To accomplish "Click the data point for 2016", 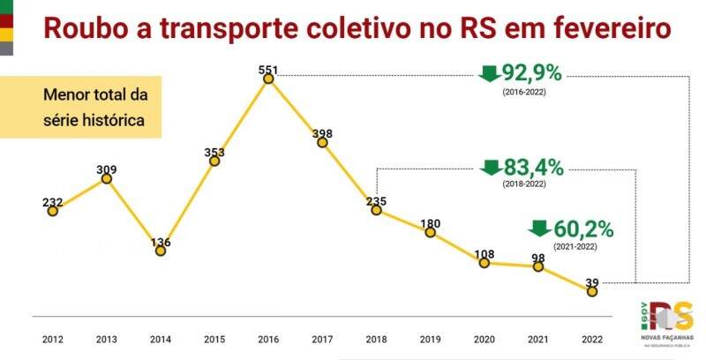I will [x=268, y=79].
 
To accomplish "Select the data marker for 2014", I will [x=161, y=251].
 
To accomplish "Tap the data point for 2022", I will [x=592, y=290].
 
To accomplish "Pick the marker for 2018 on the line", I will [x=376, y=210].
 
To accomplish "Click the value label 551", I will [x=268, y=68].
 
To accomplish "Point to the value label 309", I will [x=107, y=169].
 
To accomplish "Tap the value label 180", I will [x=431, y=222].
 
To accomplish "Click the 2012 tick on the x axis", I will [x=53, y=339].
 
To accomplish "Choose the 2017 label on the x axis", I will [x=322, y=339].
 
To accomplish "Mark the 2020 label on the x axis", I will [x=484, y=339].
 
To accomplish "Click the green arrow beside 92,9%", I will [x=488, y=73].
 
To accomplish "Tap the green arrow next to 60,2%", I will [x=538, y=229].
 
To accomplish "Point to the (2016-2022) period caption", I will [x=524, y=92].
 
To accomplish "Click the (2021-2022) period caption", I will [x=575, y=248].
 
